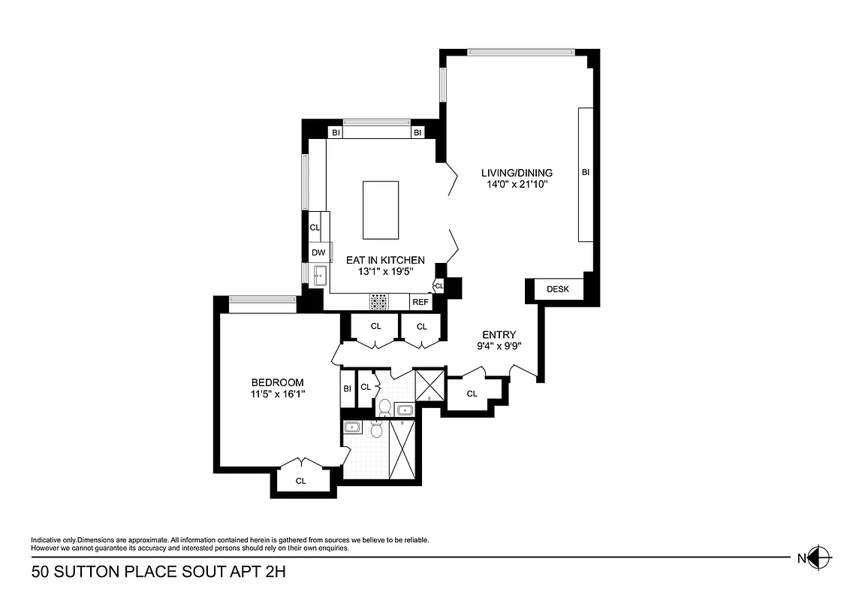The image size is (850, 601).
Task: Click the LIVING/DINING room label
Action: tap(517, 173)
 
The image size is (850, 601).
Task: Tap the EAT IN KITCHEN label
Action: tap(385, 260)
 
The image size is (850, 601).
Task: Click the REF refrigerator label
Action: tap(420, 302)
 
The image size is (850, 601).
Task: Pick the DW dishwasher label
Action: tap(318, 253)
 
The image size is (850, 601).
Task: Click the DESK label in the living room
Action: tap(558, 289)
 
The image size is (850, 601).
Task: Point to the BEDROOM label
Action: tap(278, 382)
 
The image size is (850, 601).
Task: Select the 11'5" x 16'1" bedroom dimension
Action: tap(278, 394)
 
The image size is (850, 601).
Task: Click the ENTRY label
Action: tap(499, 335)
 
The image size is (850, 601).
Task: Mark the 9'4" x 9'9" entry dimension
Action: tap(499, 346)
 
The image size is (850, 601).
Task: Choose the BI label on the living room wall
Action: tap(586, 173)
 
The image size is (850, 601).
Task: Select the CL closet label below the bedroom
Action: tap(301, 481)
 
